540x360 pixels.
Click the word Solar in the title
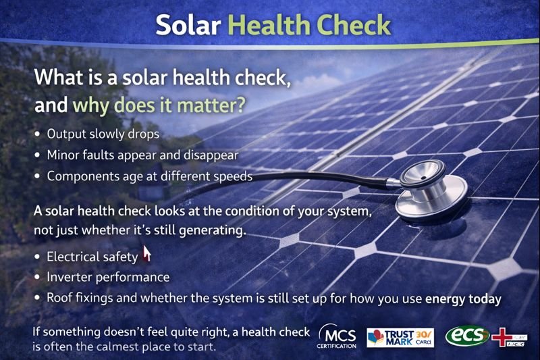pyautogui.click(x=188, y=24)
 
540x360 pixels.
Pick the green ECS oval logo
pyautogui.click(x=467, y=336)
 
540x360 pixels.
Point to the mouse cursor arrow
pyautogui.click(x=146, y=254)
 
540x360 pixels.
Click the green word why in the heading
pyautogui.click(x=89, y=106)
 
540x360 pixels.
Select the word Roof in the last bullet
pyautogui.click(x=59, y=298)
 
